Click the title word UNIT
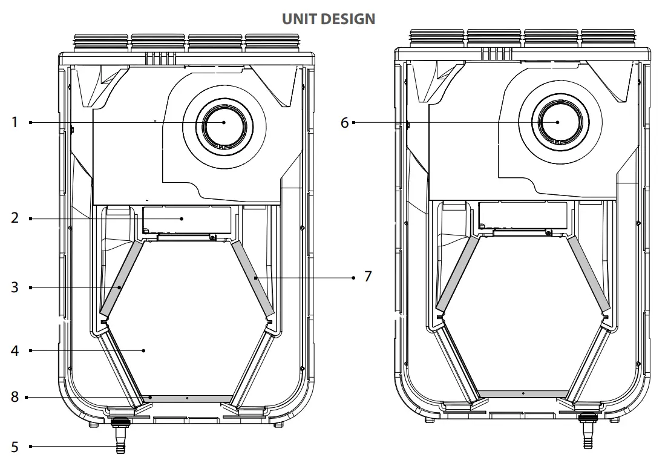(x=300, y=19)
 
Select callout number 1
(x=15, y=122)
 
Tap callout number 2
(x=15, y=218)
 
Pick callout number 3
(x=15, y=287)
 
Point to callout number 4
(x=15, y=350)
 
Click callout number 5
(x=15, y=447)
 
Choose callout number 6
(x=344, y=123)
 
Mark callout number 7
(x=367, y=277)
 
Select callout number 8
(x=15, y=397)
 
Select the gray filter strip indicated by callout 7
(x=252, y=279)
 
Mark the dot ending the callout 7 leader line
(x=353, y=278)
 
